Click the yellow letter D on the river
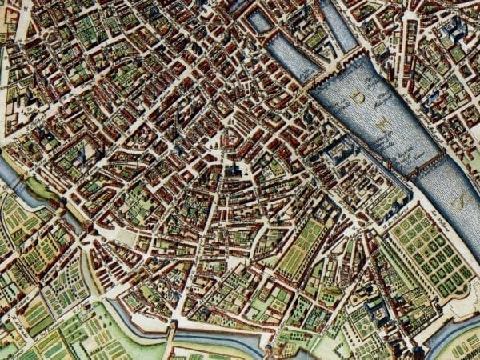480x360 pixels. pos(362,98)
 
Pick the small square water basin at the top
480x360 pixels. pos(259,20)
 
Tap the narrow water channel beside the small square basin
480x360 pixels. pos(338,24)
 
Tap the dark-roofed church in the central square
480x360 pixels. pos(234,170)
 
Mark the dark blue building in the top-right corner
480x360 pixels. pos(456,32)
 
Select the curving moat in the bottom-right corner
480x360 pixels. pos(452,328)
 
